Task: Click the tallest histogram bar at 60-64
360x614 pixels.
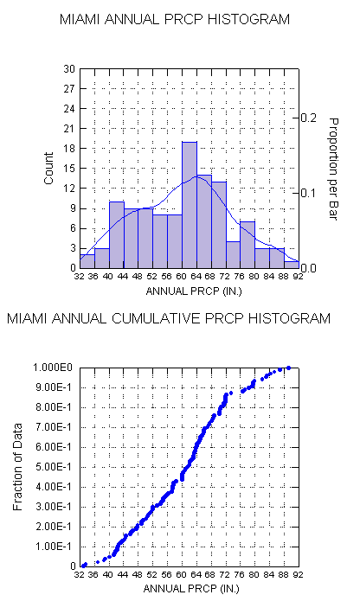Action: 190,205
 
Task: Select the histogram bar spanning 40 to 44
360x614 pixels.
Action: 117,235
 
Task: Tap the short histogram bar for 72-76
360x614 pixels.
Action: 234,255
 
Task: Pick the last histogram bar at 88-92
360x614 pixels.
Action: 292,265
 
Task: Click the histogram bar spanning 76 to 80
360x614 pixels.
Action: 248,245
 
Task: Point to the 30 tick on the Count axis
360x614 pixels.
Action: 69,69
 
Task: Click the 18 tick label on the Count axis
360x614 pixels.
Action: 69,149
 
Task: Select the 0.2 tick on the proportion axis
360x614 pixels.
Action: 309,118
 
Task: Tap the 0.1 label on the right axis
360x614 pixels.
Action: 309,193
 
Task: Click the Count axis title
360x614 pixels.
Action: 48,169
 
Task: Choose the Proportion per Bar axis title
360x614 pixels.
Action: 332,169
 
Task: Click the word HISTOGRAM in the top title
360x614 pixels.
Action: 248,19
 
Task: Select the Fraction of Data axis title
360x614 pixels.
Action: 17,467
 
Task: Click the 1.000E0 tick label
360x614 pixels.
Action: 53,368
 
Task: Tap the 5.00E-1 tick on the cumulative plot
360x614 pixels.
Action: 54,467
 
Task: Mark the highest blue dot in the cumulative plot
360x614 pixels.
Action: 289,368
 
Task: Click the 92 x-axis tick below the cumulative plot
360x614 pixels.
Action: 299,575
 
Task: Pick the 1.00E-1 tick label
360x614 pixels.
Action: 54,547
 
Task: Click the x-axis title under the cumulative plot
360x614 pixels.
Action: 191,589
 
